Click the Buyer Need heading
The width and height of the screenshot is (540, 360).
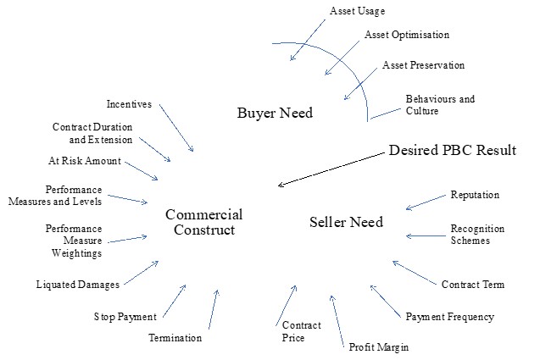click(274, 112)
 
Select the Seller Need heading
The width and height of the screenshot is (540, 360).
click(345, 222)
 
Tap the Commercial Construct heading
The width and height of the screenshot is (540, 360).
click(203, 222)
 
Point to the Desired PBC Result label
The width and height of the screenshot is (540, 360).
click(452, 150)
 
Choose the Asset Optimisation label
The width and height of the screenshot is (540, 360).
click(407, 36)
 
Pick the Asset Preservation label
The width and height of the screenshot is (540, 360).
click(423, 65)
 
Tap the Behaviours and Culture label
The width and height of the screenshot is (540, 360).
click(439, 105)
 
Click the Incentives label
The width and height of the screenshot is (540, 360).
click(129, 104)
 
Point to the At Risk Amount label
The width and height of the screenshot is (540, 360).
click(84, 160)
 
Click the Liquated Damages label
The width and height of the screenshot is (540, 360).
click(77, 284)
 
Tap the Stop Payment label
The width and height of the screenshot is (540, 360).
click(125, 317)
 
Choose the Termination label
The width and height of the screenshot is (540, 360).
click(175, 338)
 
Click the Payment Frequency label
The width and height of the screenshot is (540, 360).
click(449, 317)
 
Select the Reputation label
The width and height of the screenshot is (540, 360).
click(475, 195)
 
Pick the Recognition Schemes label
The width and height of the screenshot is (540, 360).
click(477, 235)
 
